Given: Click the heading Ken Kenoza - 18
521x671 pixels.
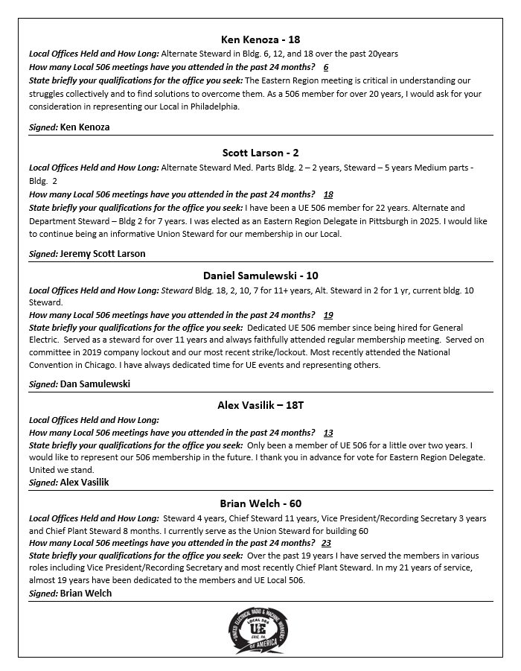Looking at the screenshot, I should [260, 39].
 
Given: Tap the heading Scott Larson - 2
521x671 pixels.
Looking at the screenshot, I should [260, 153].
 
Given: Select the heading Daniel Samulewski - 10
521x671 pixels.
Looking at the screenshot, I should [260, 276].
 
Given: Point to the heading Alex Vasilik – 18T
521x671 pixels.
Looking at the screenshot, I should [260, 405].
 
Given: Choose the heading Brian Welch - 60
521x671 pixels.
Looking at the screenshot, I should [260, 503].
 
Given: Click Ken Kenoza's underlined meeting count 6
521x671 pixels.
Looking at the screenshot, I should [326, 67].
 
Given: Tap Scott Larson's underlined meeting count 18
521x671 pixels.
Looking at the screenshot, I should [328, 194].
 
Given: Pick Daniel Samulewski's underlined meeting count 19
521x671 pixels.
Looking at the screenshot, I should [328, 315].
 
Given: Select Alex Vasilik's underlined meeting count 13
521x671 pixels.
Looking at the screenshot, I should [328, 433].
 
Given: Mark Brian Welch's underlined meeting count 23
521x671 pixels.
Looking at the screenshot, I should [326, 543].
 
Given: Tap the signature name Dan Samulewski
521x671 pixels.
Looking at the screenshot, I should [95, 384].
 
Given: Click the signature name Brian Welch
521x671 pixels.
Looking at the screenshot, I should [86, 593].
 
